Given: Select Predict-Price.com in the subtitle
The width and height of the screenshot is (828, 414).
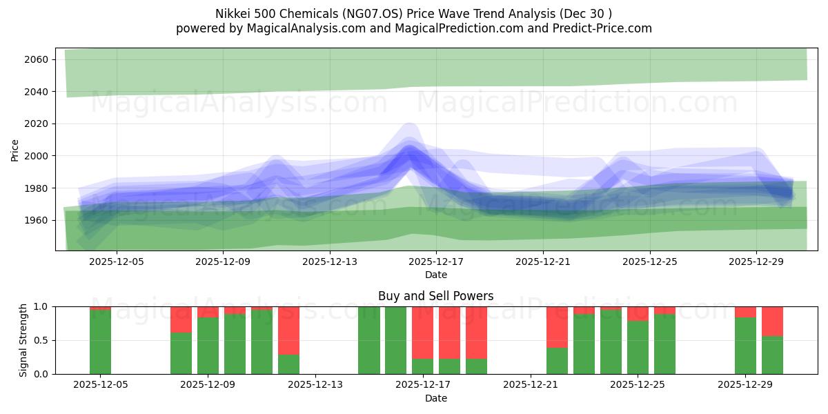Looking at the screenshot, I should (604, 28).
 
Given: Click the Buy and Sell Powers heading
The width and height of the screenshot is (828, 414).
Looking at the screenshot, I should (435, 296).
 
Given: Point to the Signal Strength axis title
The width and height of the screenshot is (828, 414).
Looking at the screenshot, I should (23, 339).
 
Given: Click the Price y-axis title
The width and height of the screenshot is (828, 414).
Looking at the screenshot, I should (15, 149).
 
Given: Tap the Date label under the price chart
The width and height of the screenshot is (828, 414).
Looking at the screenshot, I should (435, 275).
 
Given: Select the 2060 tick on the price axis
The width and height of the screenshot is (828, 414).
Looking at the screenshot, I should (36, 60).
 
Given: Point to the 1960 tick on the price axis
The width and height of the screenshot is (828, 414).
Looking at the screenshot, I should (36, 221).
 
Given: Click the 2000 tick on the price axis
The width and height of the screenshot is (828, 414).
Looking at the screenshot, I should (36, 156).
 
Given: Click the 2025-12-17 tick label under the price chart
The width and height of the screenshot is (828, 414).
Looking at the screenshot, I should (435, 262).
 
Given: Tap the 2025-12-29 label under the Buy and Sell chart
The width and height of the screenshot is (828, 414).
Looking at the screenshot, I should (745, 384).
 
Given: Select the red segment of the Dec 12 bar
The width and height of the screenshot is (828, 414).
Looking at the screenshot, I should (288, 330).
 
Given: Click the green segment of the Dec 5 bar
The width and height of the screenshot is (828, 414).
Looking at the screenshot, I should (100, 342).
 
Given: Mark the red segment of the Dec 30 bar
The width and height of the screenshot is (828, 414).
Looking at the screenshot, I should (772, 321).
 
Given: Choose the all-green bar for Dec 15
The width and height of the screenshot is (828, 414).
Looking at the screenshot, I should (369, 340).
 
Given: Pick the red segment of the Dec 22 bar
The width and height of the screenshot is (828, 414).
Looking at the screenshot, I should (557, 327).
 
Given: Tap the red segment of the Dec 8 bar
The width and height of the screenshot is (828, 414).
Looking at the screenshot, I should (181, 319).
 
